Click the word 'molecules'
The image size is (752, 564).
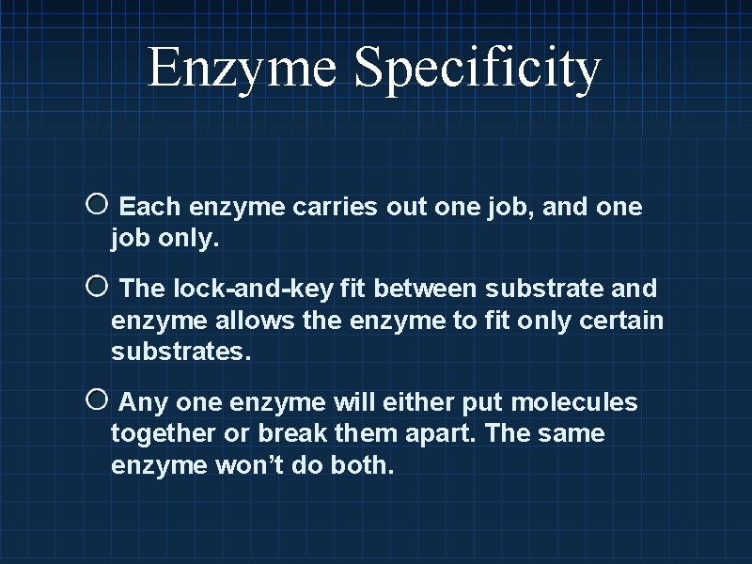pos(573,404)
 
